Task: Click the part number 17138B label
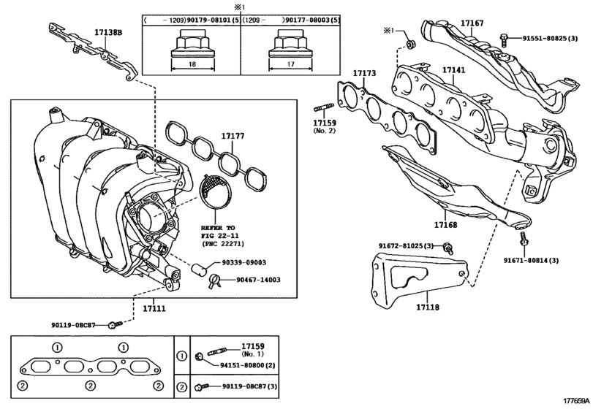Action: coord(108,32)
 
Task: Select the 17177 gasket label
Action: coord(233,136)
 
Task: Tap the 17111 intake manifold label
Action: coord(154,308)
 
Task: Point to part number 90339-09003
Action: coord(244,262)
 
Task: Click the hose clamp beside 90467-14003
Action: coord(214,281)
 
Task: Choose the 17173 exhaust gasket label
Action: coord(365,73)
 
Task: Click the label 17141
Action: coord(454,70)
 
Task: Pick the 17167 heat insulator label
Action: coord(472,23)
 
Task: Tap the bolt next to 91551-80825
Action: coord(503,40)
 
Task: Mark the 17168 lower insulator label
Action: coord(445,225)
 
